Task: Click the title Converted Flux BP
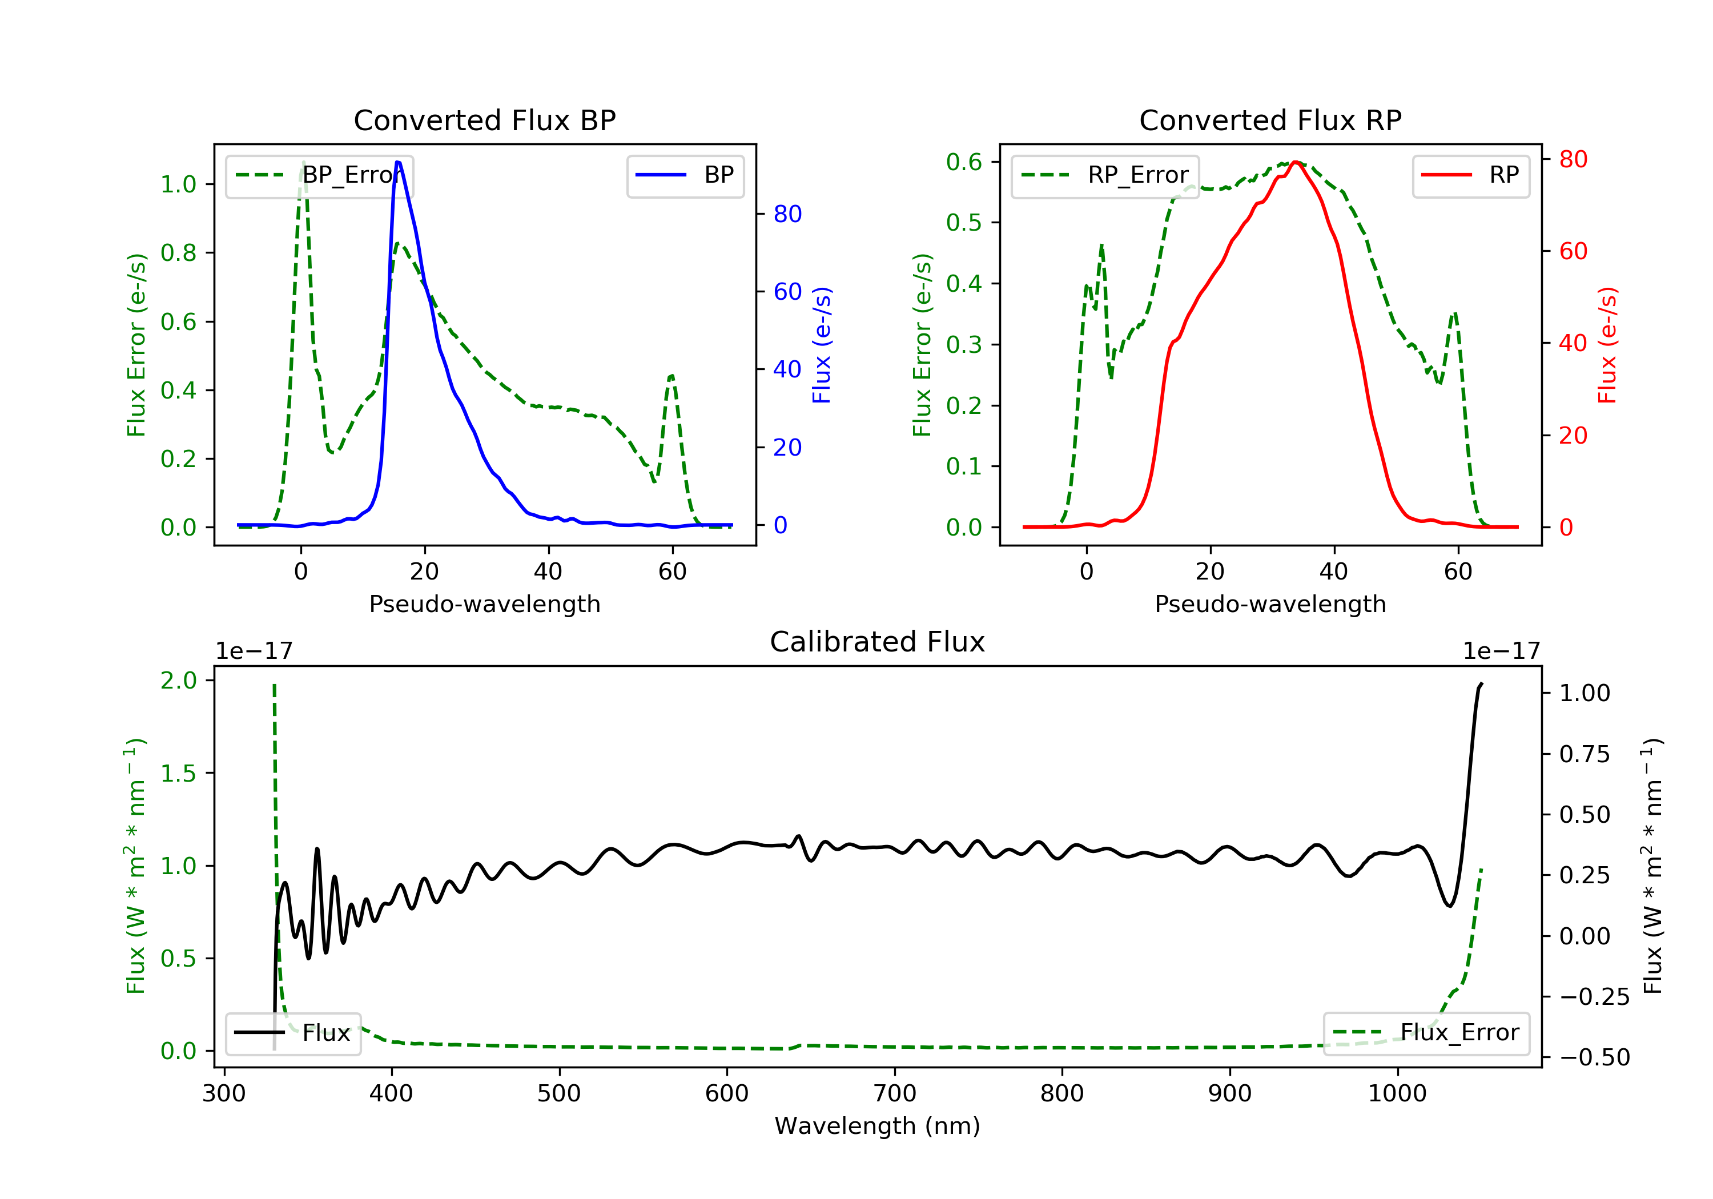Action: click(x=484, y=120)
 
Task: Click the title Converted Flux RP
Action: click(x=1270, y=120)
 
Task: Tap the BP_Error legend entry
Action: click(x=319, y=175)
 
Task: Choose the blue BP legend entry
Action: click(x=685, y=175)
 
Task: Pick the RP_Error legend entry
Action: click(x=1105, y=175)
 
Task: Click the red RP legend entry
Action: click(x=1470, y=175)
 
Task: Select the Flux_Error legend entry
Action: click(x=1426, y=1033)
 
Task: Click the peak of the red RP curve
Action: click(x=1297, y=162)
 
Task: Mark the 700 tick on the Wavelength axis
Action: click(x=895, y=1093)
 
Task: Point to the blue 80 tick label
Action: click(x=787, y=214)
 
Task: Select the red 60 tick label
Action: click(x=1573, y=251)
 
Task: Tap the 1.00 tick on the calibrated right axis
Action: click(x=1585, y=693)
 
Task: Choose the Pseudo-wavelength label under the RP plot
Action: click(x=1270, y=603)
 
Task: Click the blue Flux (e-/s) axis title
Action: click(x=822, y=345)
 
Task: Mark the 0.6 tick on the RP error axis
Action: click(x=964, y=162)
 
